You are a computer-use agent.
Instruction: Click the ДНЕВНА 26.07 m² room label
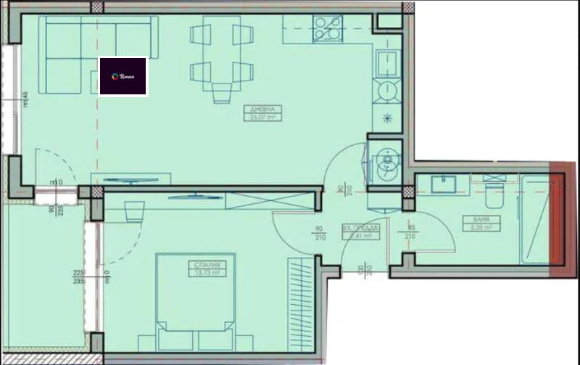point(265,112)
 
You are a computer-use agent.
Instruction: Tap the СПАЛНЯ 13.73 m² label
point(207,268)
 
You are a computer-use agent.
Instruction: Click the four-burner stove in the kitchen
point(327,28)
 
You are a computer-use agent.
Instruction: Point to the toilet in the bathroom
point(494,193)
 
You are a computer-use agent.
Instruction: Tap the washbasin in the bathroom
point(443,184)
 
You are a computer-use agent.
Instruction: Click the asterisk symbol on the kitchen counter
point(386,118)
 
